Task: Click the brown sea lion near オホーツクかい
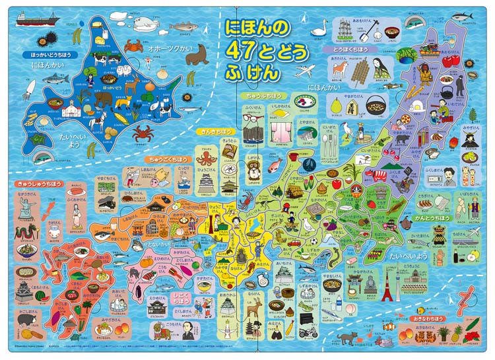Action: (197, 57)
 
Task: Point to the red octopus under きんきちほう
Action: (204, 159)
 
